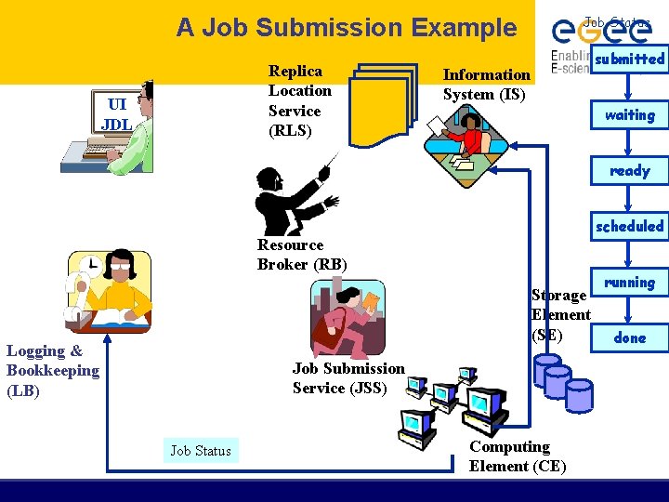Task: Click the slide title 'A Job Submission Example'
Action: pyautogui.click(x=347, y=28)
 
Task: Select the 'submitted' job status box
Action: pyautogui.click(x=629, y=59)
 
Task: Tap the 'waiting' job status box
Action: pyautogui.click(x=629, y=115)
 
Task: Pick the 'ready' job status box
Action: pyautogui.click(x=629, y=171)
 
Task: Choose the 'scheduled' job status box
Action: pyautogui.click(x=629, y=226)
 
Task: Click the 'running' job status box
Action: pyautogui.click(x=629, y=282)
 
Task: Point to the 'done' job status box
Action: pyautogui.click(x=629, y=337)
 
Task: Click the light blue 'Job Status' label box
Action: pyautogui.click(x=201, y=451)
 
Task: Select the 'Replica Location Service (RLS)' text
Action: pyautogui.click(x=299, y=100)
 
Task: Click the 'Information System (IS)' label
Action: pyautogui.click(x=486, y=85)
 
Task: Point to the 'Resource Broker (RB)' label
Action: pyautogui.click(x=302, y=255)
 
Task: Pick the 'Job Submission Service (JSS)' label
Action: pyautogui.click(x=348, y=378)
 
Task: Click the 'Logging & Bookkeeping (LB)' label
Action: pyautogui.click(x=52, y=371)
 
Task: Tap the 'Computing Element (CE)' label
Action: pyautogui.click(x=518, y=456)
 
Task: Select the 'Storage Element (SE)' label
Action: pyautogui.click(x=560, y=315)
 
